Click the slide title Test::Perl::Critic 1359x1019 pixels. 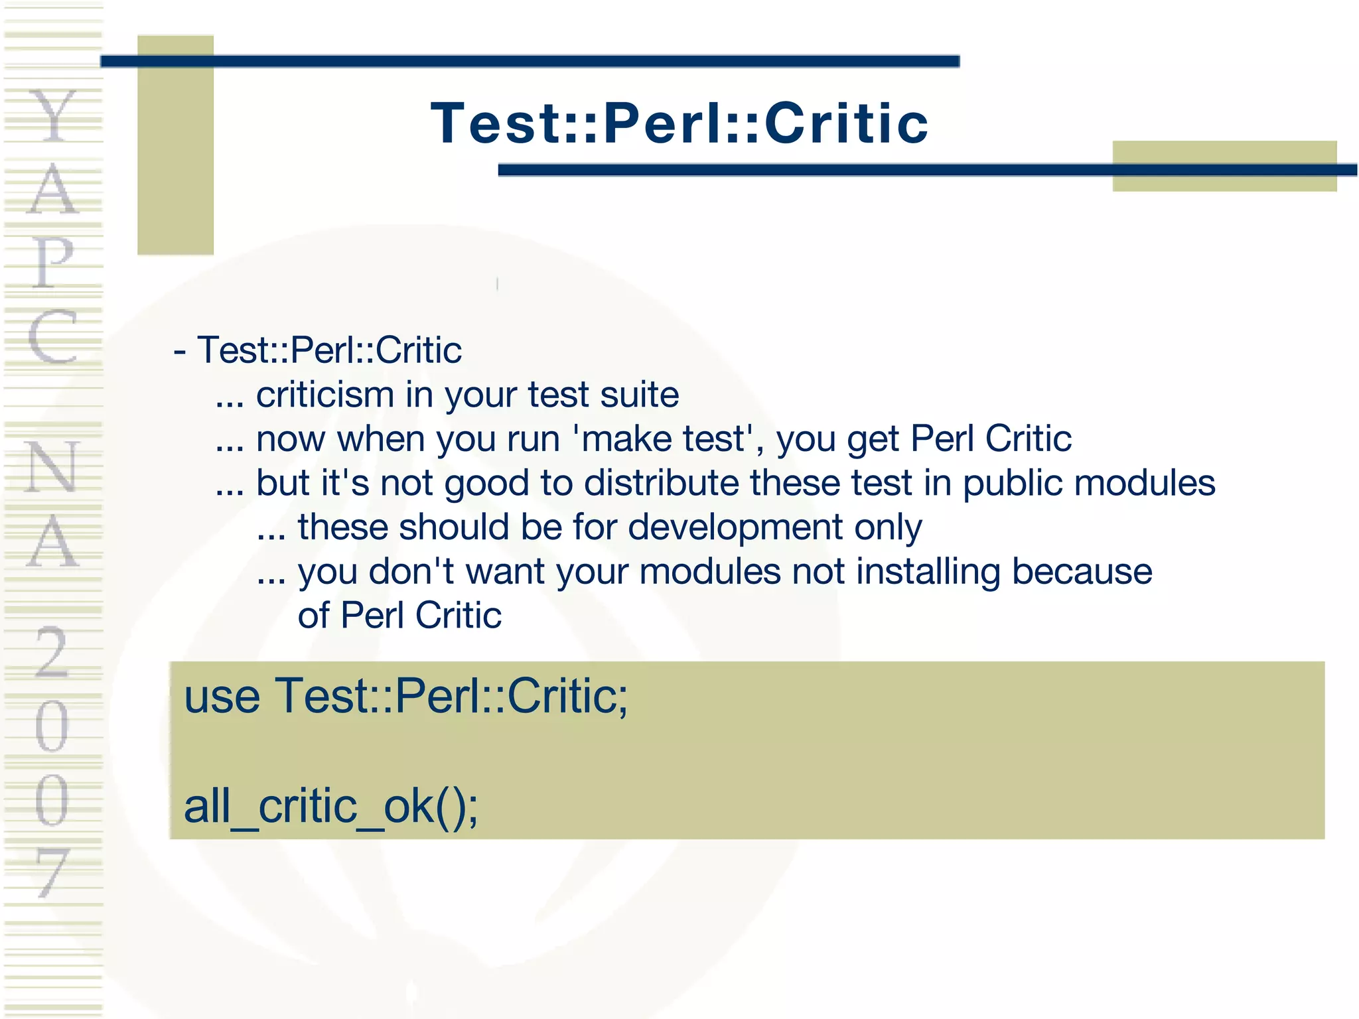pos(679,123)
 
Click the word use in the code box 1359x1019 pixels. pos(222,697)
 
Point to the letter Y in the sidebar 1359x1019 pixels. pos(53,117)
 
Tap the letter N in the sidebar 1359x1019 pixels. pos(53,467)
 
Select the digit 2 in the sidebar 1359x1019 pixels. pos(52,653)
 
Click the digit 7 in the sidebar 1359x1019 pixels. pos(52,872)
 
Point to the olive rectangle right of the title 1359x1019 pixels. pos(1224,166)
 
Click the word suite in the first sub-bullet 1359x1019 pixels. pos(640,395)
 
